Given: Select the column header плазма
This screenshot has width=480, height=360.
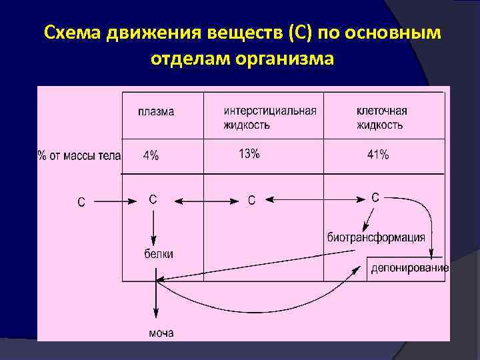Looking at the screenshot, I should pyautogui.click(x=156, y=112).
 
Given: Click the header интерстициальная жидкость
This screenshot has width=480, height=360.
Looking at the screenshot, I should pyautogui.click(x=270, y=117).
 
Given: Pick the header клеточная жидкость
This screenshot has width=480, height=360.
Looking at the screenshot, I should pyautogui.click(x=381, y=117).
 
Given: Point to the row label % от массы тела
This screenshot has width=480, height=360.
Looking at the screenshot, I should pyautogui.click(x=79, y=156).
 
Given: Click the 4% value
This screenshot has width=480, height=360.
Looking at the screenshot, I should pyautogui.click(x=151, y=156).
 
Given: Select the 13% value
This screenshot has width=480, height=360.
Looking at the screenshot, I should pyautogui.click(x=249, y=154).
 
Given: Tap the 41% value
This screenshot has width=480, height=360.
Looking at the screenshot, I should pyautogui.click(x=378, y=155).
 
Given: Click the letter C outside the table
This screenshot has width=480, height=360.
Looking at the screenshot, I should pyautogui.click(x=81, y=201).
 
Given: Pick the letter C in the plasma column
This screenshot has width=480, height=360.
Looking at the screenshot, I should pyautogui.click(x=153, y=199).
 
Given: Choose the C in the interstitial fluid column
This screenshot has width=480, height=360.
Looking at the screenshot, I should pyautogui.click(x=251, y=200).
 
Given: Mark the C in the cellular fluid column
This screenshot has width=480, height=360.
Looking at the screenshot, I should pyautogui.click(x=375, y=197).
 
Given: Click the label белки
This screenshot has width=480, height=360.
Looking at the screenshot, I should pyautogui.click(x=159, y=253).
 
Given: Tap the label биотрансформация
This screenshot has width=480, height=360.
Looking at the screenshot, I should pyautogui.click(x=376, y=237).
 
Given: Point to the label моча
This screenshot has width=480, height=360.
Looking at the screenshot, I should pyautogui.click(x=161, y=333).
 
